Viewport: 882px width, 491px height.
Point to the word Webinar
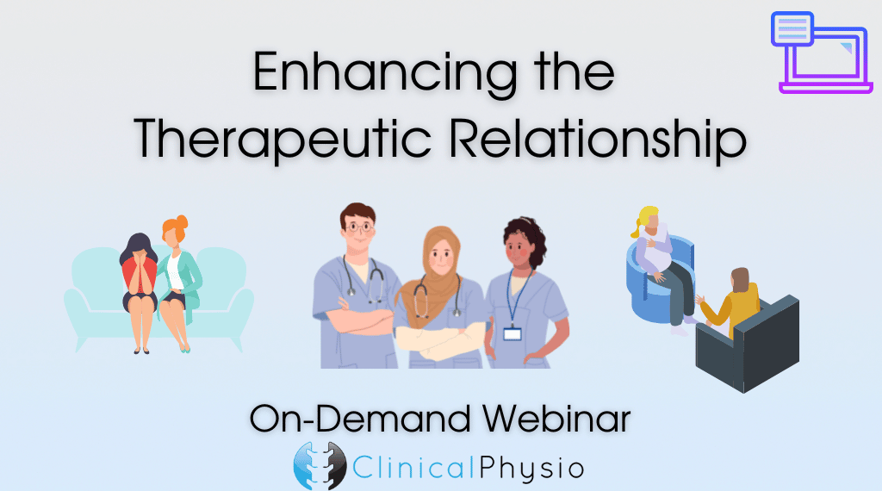(x=556, y=419)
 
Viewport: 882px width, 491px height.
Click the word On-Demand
(x=361, y=419)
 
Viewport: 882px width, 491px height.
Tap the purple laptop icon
(x=822, y=52)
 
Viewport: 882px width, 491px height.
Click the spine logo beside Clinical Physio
(x=320, y=466)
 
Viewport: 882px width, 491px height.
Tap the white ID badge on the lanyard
(x=512, y=334)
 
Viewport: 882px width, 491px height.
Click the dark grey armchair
(x=748, y=343)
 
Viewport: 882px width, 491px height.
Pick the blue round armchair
(x=658, y=280)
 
